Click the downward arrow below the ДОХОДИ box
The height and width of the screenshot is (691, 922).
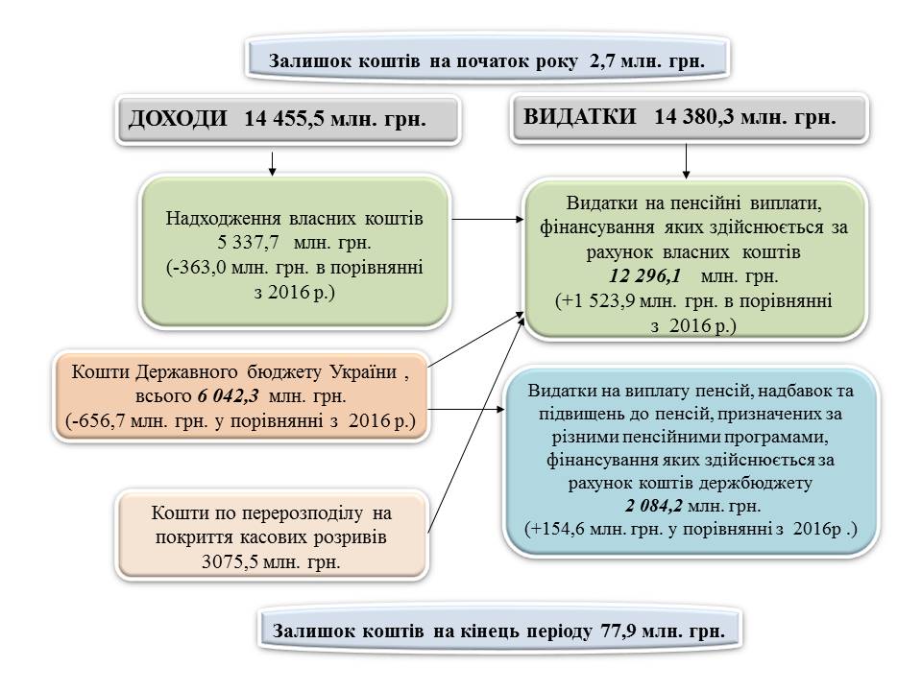click(273, 162)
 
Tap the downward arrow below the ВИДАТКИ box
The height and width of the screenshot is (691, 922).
click(686, 161)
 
